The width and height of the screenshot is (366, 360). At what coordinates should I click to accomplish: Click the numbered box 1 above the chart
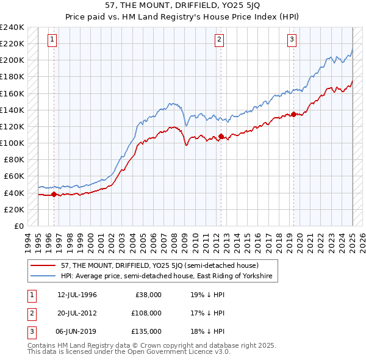tap(52, 40)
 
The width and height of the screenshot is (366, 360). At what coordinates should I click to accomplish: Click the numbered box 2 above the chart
tap(219, 40)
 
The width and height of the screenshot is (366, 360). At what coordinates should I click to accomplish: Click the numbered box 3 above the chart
tap(292, 40)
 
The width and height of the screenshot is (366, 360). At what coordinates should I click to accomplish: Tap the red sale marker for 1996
tap(54, 195)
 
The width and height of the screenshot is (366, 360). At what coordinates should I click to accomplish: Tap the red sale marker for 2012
tap(221, 136)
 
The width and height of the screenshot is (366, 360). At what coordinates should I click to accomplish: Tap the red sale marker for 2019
tap(293, 114)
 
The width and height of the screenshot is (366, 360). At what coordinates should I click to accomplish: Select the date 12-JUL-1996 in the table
tap(77, 295)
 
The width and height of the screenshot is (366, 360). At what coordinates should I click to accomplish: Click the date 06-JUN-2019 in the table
tap(77, 331)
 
